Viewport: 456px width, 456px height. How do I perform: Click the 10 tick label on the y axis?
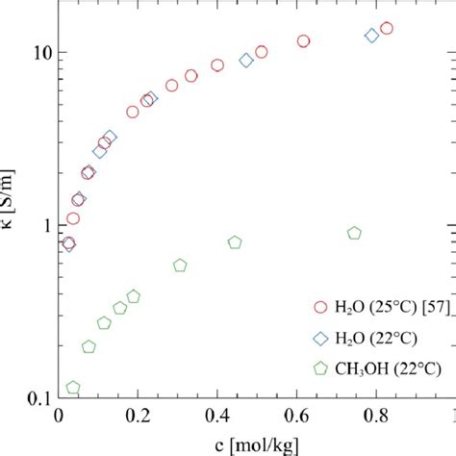(38, 52)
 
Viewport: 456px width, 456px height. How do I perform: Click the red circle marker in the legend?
(319, 308)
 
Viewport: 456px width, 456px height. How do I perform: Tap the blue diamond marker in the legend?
(319, 338)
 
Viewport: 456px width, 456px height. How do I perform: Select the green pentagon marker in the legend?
(319, 367)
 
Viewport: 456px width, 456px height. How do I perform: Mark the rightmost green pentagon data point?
(354, 233)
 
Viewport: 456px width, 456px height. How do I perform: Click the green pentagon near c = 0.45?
(235, 242)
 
